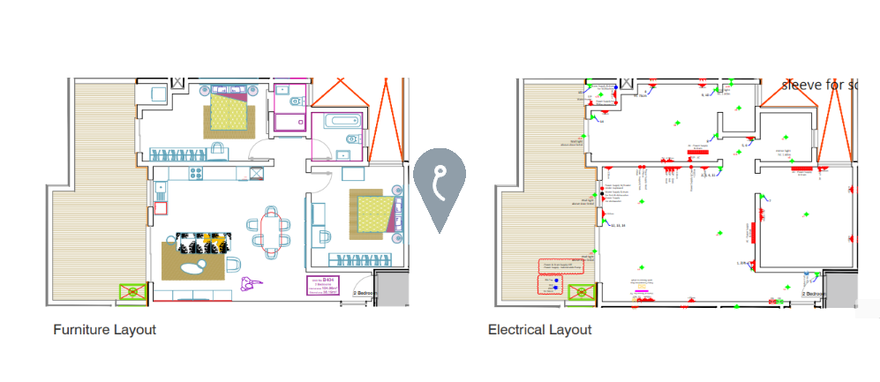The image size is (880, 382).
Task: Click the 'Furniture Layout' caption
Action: point(104,330)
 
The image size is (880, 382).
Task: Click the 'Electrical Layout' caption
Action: point(539,330)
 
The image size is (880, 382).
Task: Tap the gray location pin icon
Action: point(440,190)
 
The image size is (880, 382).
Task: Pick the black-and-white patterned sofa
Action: point(204,242)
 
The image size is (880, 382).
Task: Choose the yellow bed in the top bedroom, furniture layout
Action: point(229,111)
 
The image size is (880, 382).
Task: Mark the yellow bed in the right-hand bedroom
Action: point(372,213)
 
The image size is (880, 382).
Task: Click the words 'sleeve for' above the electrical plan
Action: point(813,86)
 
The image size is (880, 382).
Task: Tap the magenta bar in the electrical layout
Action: point(642,289)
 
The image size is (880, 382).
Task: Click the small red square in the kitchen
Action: point(161,209)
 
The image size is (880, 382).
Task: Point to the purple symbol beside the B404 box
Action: point(251,283)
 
